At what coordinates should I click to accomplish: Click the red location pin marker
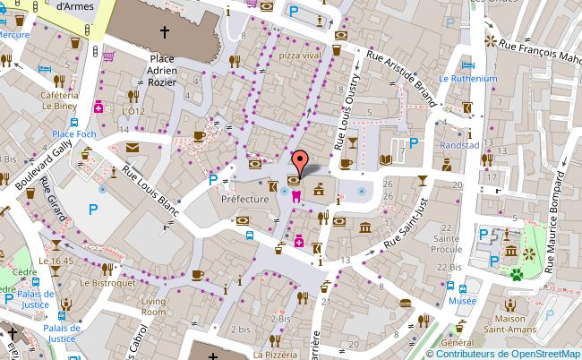tap(303, 162)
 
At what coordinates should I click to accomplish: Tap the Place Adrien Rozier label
tap(162, 71)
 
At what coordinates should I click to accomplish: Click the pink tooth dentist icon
tap(295, 194)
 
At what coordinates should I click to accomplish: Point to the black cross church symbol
tap(164, 33)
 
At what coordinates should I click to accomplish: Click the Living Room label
tap(153, 307)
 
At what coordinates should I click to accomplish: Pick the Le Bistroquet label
tap(106, 282)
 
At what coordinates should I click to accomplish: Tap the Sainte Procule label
tap(446, 245)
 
